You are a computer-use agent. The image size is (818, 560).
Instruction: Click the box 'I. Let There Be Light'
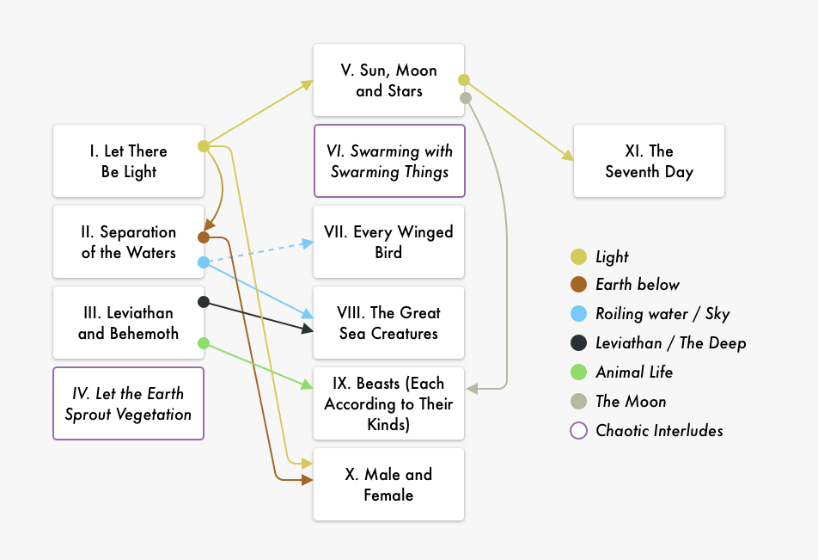(x=128, y=161)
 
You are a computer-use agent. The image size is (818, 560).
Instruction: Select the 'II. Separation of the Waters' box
(x=128, y=242)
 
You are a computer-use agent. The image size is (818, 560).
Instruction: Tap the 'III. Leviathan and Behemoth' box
(x=128, y=323)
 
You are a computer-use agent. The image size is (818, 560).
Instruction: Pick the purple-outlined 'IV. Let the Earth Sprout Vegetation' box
(x=128, y=403)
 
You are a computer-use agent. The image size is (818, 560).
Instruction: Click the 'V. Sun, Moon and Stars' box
(x=388, y=80)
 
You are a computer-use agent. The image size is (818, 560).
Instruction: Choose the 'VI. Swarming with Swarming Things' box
(x=388, y=161)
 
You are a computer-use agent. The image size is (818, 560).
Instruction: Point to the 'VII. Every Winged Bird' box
(x=388, y=242)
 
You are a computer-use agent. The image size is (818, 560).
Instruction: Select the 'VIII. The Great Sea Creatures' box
(x=388, y=323)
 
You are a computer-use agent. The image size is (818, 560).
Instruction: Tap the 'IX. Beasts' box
(x=388, y=403)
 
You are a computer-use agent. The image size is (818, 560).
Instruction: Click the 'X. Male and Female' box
(x=388, y=484)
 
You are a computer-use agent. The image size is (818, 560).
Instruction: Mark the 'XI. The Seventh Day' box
(x=649, y=161)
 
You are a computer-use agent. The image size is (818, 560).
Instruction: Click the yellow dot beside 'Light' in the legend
(x=579, y=256)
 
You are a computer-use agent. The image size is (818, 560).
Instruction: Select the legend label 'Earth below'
(x=638, y=285)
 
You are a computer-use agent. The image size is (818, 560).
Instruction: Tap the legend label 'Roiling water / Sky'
(x=662, y=314)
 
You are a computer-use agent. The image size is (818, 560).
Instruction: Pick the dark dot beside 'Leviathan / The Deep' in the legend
(x=579, y=343)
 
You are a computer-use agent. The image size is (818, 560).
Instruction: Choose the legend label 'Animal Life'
(x=634, y=372)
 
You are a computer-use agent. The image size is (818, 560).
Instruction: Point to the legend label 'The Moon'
(x=631, y=402)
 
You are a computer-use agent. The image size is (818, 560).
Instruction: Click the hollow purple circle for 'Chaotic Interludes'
(x=579, y=431)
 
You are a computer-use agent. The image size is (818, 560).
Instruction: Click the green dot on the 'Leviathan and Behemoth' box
(x=204, y=343)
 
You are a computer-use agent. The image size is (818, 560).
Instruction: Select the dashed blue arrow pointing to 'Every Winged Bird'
(x=258, y=252)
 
